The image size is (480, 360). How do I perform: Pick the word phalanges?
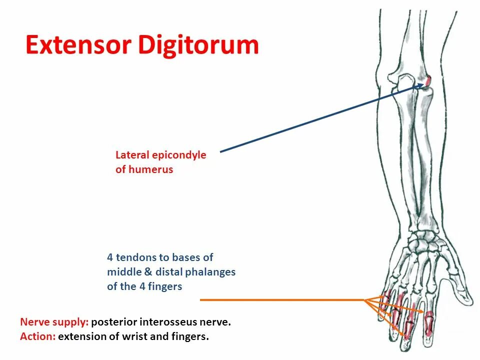(x=210, y=272)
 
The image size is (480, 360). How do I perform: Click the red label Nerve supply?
(x=54, y=322)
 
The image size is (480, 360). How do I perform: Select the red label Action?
(x=37, y=336)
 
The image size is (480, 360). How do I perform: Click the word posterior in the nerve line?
(x=114, y=322)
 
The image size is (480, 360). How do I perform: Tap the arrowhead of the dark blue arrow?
(x=421, y=85)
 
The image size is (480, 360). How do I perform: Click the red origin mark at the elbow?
(x=428, y=80)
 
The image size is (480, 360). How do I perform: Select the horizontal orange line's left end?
(x=201, y=300)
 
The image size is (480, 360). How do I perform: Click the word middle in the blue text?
(x=121, y=272)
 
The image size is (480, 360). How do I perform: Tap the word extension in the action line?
(x=79, y=336)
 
